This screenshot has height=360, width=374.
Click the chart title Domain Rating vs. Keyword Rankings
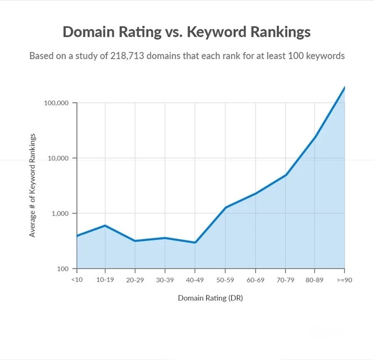pyautogui.click(x=187, y=32)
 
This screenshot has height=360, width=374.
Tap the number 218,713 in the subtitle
pyautogui.click(x=127, y=56)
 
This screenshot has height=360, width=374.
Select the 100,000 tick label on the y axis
pyautogui.click(x=56, y=103)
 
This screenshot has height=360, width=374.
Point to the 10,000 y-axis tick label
pyautogui.click(x=58, y=158)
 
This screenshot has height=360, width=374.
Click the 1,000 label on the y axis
pyautogui.click(x=60, y=213)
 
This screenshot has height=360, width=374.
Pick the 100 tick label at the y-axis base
pyautogui.click(x=63, y=269)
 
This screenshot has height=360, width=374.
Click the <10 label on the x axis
pyautogui.click(x=77, y=280)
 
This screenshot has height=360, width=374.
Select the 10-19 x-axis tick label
pyautogui.click(x=105, y=280)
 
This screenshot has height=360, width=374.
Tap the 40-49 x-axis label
pyautogui.click(x=195, y=280)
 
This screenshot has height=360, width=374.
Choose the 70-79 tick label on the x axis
pyautogui.click(x=285, y=280)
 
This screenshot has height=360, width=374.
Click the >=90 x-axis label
pyautogui.click(x=345, y=280)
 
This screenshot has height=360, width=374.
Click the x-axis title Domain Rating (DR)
pyautogui.click(x=210, y=298)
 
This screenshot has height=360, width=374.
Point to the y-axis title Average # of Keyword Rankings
pyautogui.click(x=32, y=185)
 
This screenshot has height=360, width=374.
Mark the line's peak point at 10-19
pyautogui.click(x=105, y=225)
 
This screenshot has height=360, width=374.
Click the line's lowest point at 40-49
pyautogui.click(x=195, y=243)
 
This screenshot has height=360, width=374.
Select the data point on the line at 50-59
pyautogui.click(x=225, y=207)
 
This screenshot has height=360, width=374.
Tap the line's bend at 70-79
pyautogui.click(x=286, y=175)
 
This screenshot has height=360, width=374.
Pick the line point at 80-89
pyautogui.click(x=315, y=137)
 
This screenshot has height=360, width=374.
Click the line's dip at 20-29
pyautogui.click(x=135, y=241)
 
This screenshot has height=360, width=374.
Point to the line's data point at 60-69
pyautogui.click(x=255, y=194)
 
